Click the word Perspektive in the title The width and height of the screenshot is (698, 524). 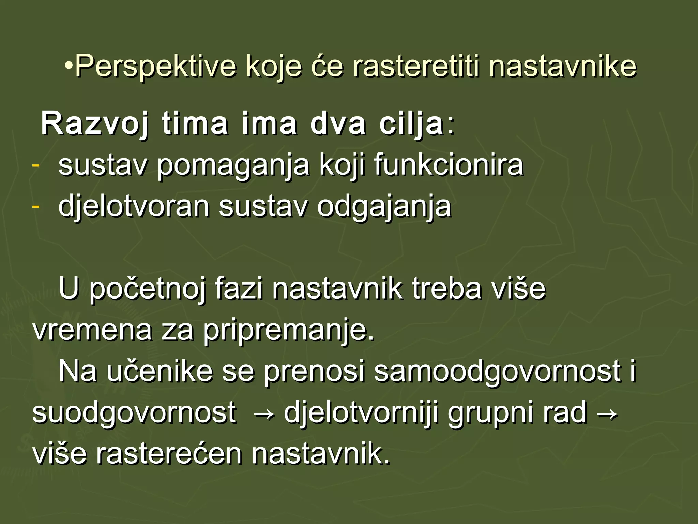[155, 65]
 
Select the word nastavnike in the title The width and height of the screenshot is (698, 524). [562, 65]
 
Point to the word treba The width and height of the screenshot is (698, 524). [446, 289]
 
